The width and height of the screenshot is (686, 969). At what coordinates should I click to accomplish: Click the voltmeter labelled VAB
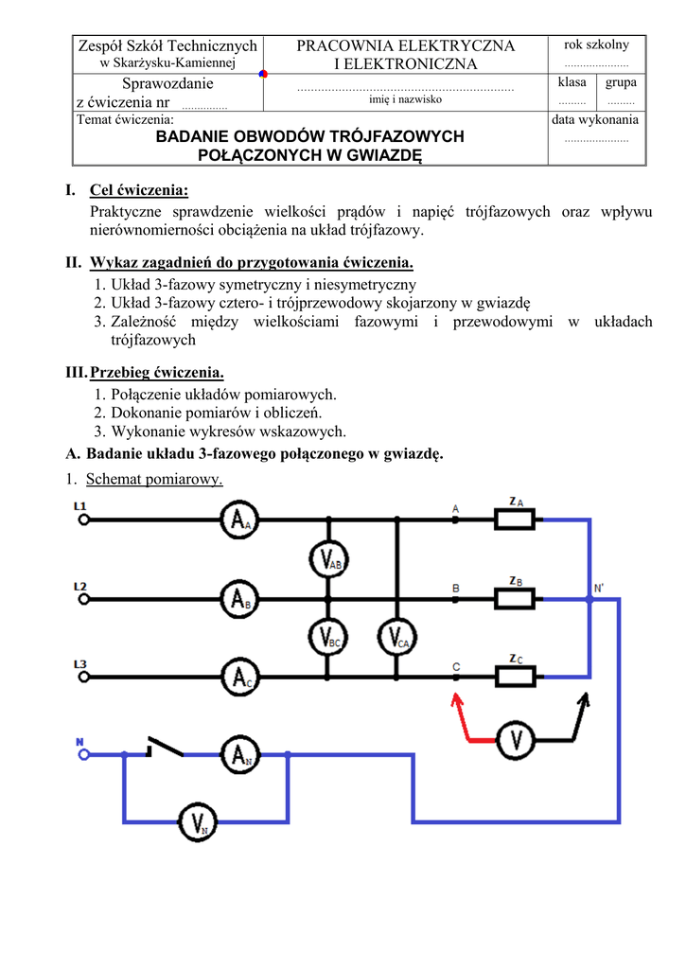pyautogui.click(x=327, y=560)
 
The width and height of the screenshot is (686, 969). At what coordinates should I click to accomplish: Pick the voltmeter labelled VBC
pyautogui.click(x=327, y=637)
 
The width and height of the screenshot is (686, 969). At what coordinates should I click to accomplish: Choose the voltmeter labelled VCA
pyautogui.click(x=396, y=637)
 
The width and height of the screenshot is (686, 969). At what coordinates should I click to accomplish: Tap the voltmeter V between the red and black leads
pyautogui.click(x=516, y=739)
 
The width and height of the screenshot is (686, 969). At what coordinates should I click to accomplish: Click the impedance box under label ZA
pyautogui.click(x=515, y=520)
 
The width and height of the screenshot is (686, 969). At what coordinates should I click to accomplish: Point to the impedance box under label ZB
pyautogui.click(x=515, y=598)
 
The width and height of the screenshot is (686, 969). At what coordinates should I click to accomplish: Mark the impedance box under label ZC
pyautogui.click(x=515, y=677)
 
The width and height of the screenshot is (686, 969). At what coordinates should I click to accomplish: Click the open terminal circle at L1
pyautogui.click(x=83, y=520)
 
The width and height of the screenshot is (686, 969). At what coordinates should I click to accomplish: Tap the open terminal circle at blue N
pyautogui.click(x=83, y=754)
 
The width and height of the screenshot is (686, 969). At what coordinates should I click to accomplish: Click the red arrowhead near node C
pyautogui.click(x=456, y=701)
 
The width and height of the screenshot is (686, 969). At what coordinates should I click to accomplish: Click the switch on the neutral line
pyautogui.click(x=165, y=748)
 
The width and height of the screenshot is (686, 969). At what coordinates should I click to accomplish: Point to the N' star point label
pyautogui.click(x=598, y=589)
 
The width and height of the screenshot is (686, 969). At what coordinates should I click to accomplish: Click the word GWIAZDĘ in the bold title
pyautogui.click(x=377, y=155)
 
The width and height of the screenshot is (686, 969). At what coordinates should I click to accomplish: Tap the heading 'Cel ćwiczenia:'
pyautogui.click(x=138, y=191)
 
